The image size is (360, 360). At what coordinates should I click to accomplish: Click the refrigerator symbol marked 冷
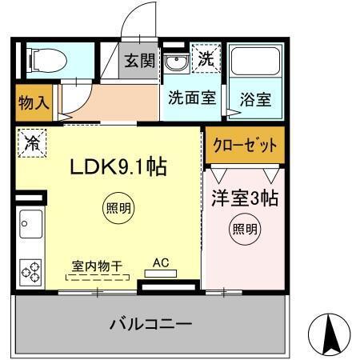coord(31,144)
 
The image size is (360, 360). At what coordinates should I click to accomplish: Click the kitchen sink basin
coord(30,225)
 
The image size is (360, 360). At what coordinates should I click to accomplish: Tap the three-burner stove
coord(31,272)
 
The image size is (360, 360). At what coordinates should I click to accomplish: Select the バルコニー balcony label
coord(150,324)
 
